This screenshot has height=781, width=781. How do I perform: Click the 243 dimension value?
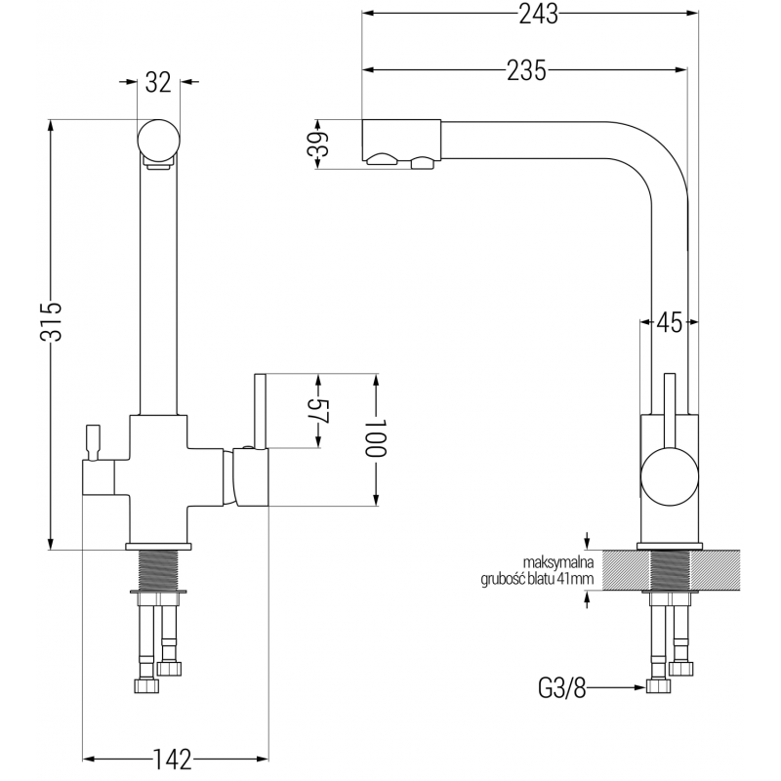[531, 15]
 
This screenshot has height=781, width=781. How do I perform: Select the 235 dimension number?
[526, 69]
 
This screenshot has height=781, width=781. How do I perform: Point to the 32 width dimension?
[159, 84]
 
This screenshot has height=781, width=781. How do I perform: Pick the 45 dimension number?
[669, 322]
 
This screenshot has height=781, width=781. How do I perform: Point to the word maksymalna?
[557, 562]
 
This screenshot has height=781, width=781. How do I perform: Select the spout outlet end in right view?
[400, 144]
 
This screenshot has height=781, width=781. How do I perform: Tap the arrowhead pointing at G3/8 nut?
[638, 688]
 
